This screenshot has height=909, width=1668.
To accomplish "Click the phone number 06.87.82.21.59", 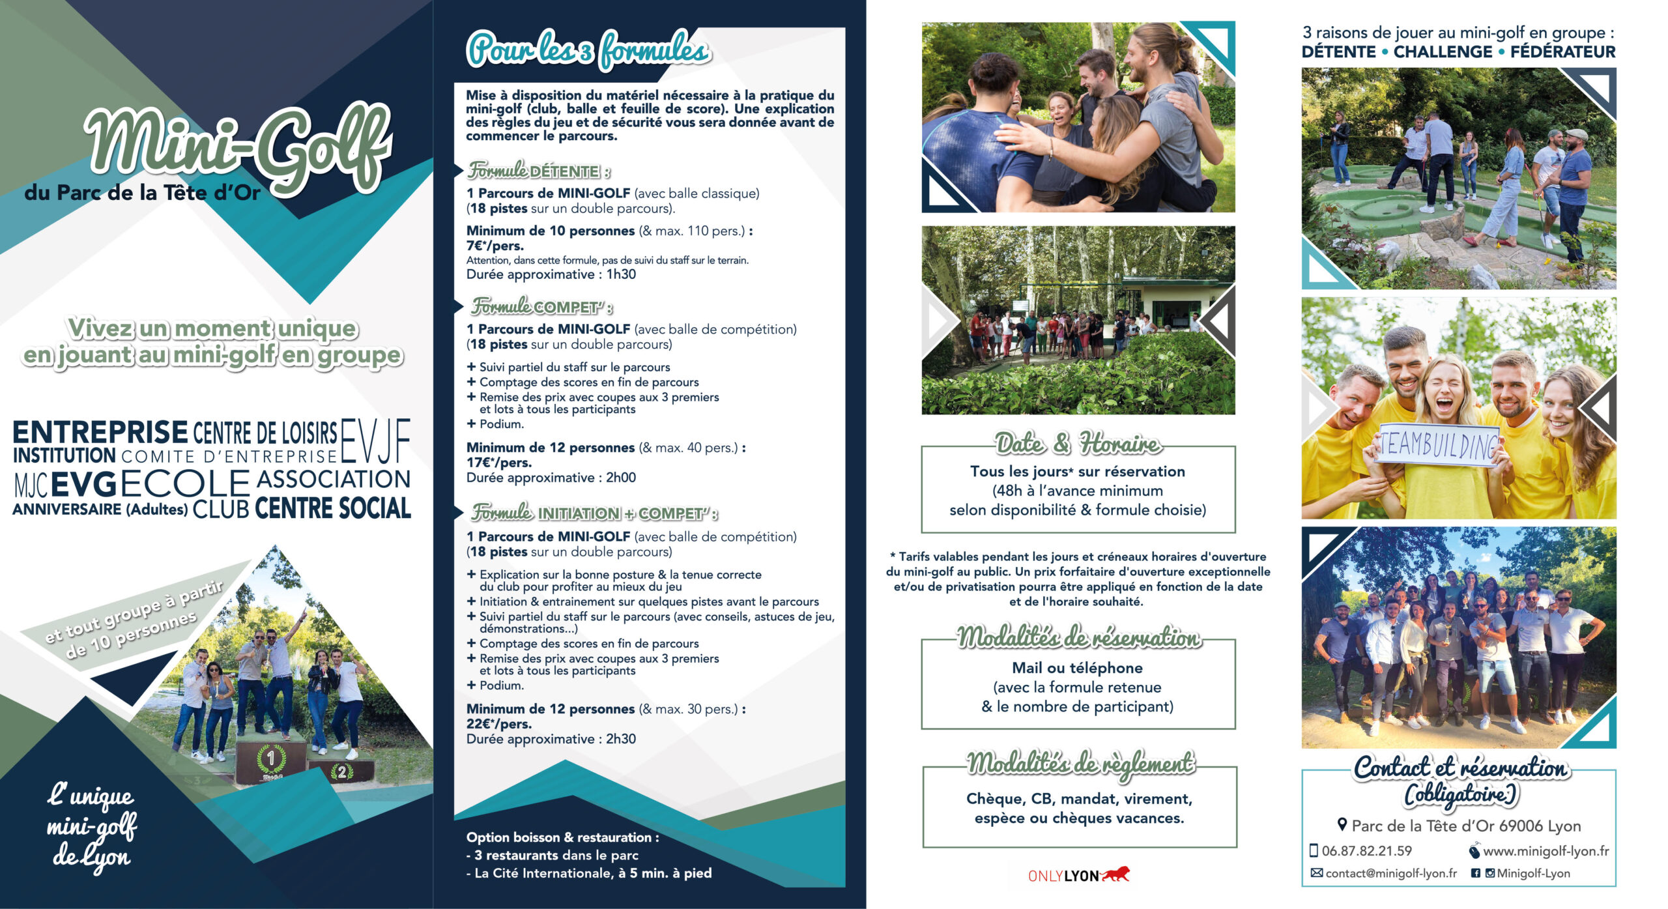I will [x=1366, y=851].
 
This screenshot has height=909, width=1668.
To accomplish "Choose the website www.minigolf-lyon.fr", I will [x=1546, y=851].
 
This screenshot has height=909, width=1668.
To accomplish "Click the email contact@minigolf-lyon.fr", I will [x=1390, y=873].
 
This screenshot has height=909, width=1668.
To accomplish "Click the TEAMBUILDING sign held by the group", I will [x=1438, y=445].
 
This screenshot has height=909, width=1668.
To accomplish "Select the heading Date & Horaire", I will [x=1078, y=444].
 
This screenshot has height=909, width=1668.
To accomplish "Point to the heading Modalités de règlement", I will [x=1080, y=763].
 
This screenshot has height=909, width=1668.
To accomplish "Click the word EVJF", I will [x=375, y=440].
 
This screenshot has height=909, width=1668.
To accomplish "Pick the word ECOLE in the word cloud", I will [x=185, y=483].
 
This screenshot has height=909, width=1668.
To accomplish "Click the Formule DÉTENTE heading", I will [x=539, y=171].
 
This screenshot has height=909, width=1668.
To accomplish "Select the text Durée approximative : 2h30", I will [x=551, y=739].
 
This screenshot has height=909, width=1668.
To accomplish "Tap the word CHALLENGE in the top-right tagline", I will [x=1443, y=52].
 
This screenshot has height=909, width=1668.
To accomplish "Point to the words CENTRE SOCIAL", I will [x=332, y=509].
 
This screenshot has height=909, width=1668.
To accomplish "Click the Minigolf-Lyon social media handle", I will [x=1532, y=873].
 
